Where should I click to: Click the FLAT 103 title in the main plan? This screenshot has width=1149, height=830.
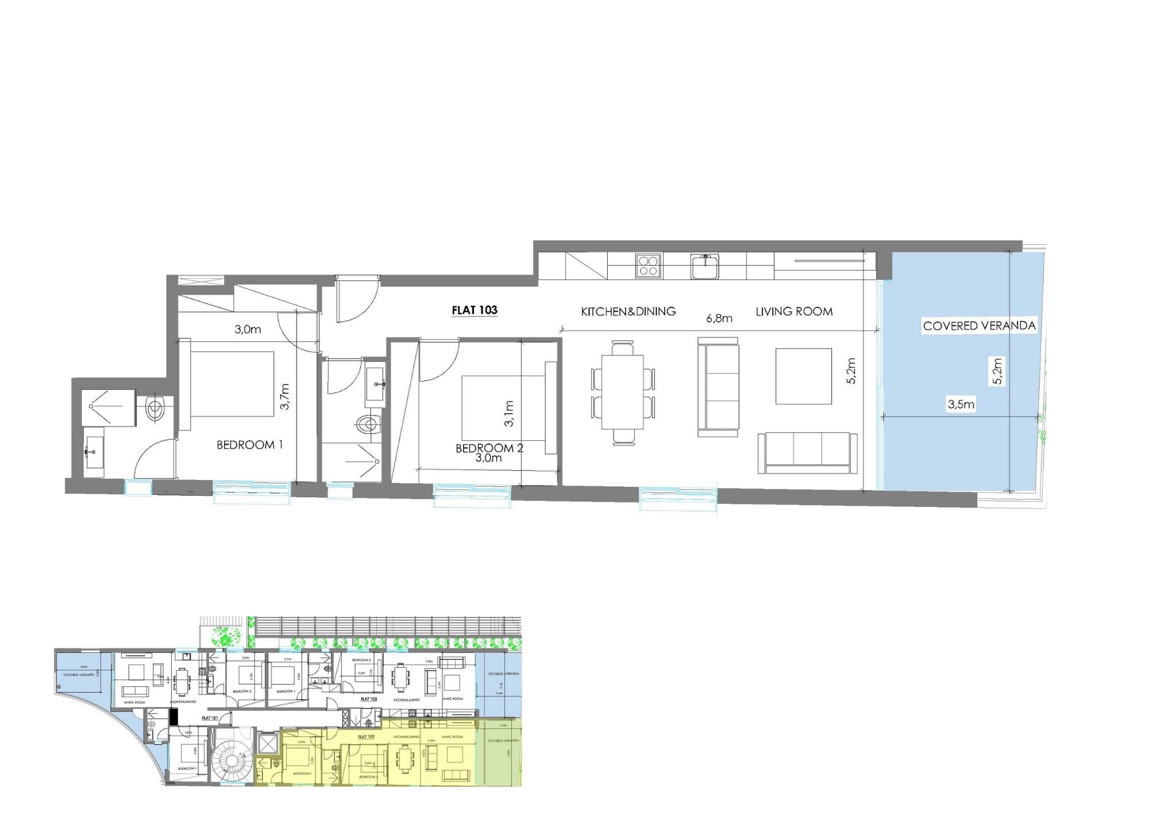click(x=475, y=310)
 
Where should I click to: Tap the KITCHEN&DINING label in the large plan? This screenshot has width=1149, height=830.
click(x=628, y=312)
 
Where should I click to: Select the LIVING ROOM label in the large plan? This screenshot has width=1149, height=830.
click(x=794, y=312)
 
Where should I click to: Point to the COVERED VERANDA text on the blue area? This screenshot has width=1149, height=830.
click(x=979, y=326)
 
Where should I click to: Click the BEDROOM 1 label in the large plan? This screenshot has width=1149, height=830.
click(x=249, y=445)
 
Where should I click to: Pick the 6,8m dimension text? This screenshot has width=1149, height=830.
click(x=719, y=318)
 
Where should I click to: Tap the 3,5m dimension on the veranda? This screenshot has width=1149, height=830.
click(x=961, y=405)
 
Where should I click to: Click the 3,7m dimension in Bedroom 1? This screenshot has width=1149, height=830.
click(x=285, y=397)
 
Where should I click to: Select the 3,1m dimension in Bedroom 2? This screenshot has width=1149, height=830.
click(x=508, y=414)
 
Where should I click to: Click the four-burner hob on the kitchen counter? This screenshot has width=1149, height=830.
click(x=649, y=266)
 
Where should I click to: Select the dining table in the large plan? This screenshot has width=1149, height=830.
click(x=623, y=392)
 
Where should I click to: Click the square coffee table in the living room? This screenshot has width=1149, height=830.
click(x=803, y=376)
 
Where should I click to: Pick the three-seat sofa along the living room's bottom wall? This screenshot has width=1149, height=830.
click(x=807, y=453)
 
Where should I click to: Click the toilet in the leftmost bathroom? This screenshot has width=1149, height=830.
click(x=155, y=408)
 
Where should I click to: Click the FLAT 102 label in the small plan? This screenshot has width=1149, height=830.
click(x=369, y=699)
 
